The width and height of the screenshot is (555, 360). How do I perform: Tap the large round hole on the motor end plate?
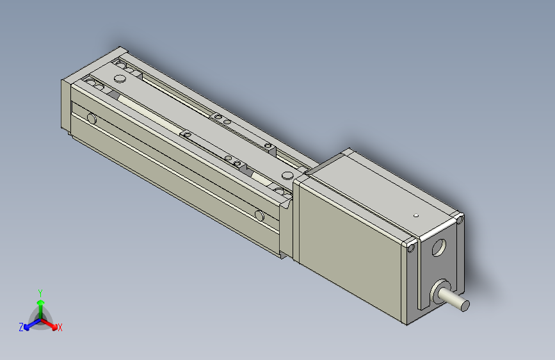click(x=439, y=247)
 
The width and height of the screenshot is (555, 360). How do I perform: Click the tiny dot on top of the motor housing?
click(x=415, y=215)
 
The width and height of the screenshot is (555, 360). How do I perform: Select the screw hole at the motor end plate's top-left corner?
click(x=411, y=244)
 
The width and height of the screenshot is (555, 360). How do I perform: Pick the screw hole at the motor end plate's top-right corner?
click(x=460, y=220)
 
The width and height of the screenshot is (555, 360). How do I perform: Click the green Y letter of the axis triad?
click(x=40, y=291)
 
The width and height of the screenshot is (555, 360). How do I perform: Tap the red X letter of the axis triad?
click(x=60, y=328)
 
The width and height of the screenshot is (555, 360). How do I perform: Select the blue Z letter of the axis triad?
click(x=21, y=327)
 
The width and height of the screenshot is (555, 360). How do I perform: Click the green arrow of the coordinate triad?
click(x=40, y=304)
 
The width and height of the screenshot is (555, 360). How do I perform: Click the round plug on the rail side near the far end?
click(x=92, y=119)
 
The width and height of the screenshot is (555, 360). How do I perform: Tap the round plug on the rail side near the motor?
click(x=259, y=215)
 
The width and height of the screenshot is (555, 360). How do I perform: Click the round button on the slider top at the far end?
click(x=120, y=78)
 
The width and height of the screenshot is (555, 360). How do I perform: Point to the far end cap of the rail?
click(x=67, y=106)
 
